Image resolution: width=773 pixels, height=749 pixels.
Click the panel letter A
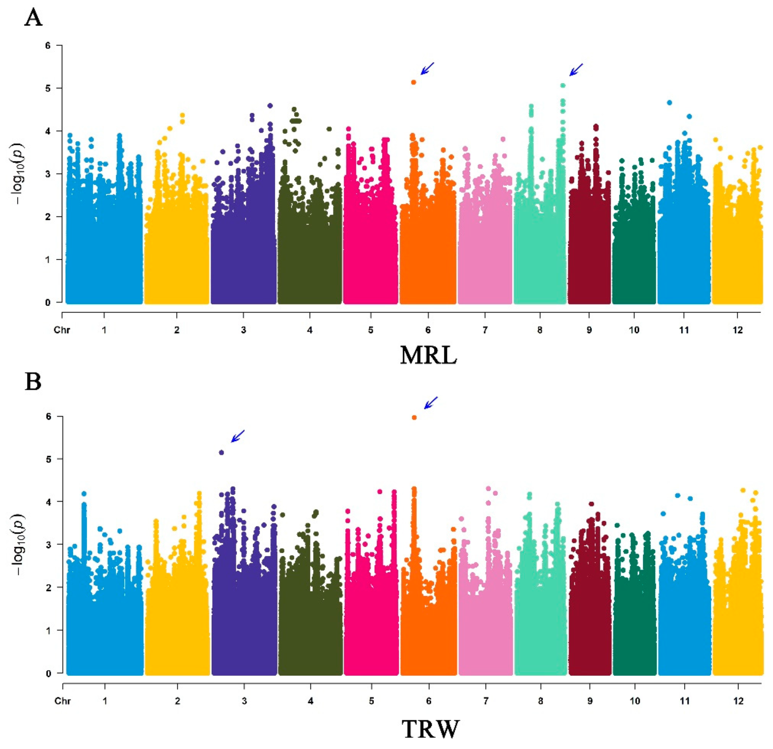[33, 18]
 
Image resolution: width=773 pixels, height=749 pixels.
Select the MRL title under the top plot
[428, 356]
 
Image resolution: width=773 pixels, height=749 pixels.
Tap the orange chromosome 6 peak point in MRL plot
[414, 82]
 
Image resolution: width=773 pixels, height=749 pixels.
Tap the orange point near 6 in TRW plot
[414, 417]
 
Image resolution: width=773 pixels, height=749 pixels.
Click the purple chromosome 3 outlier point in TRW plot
[222, 452]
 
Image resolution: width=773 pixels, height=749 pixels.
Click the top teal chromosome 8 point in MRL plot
[563, 85]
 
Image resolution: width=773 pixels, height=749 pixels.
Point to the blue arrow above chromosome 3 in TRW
[238, 436]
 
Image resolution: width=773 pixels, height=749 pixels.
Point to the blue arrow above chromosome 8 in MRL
[576, 70]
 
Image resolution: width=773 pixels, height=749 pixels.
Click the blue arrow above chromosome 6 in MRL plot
[427, 68]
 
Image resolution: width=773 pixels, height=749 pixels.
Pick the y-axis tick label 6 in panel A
[48, 45]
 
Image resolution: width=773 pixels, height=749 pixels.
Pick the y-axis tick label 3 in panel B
[49, 544]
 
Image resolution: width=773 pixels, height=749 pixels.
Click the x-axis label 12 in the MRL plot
[738, 330]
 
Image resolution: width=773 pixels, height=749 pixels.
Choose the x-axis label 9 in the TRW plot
[590, 701]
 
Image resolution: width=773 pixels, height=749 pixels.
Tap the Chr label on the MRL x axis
[62, 330]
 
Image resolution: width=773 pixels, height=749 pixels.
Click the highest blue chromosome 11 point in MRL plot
[670, 102]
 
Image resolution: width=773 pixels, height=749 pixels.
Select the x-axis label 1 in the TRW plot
[105, 701]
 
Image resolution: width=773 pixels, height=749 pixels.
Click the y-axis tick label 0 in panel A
[48, 303]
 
